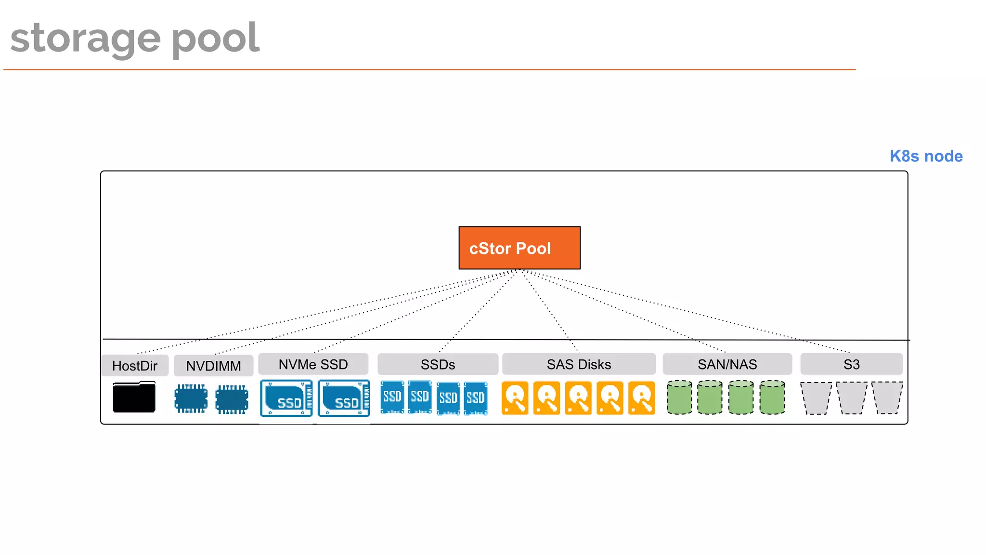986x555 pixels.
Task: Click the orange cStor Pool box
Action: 519,248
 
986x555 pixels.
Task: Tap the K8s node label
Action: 926,156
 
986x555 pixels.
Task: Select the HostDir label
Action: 135,366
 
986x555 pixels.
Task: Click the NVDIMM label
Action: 213,366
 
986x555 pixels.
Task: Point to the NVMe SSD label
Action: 313,364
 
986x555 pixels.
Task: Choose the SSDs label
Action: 438,364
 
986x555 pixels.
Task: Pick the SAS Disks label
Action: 579,364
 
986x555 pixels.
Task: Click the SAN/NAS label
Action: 727,364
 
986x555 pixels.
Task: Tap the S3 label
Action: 851,364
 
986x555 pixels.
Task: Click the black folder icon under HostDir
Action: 134,397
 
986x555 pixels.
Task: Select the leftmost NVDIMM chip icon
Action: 191,398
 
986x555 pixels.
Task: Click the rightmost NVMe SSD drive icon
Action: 344,398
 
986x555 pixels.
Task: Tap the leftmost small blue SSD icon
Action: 392,397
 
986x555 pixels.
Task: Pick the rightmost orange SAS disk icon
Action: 642,398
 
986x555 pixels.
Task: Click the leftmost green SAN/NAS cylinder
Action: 679,397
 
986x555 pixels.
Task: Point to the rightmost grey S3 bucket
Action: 887,397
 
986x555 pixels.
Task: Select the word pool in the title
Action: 215,39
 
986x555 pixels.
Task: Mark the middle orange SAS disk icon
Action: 578,398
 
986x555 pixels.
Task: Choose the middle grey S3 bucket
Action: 852,397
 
